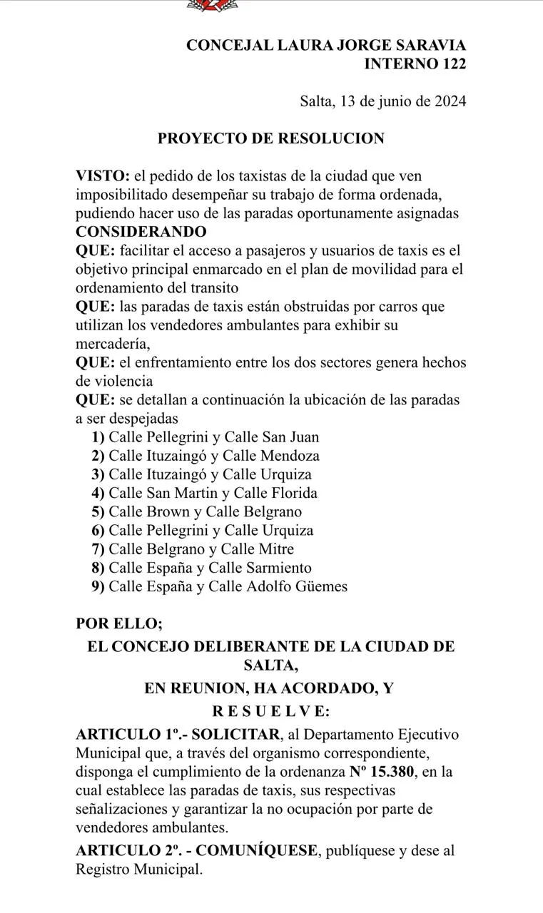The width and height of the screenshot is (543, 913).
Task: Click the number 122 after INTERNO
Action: (450, 64)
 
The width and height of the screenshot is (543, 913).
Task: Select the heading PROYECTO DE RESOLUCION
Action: (271, 138)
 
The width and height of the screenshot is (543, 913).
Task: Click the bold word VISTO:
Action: (103, 175)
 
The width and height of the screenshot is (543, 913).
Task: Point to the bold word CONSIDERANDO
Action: (141, 232)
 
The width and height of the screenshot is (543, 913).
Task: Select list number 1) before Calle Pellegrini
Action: (98, 437)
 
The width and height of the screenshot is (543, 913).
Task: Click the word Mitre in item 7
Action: (277, 549)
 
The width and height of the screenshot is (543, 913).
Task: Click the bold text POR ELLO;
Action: (119, 623)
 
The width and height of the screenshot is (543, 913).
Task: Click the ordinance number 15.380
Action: (402, 772)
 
